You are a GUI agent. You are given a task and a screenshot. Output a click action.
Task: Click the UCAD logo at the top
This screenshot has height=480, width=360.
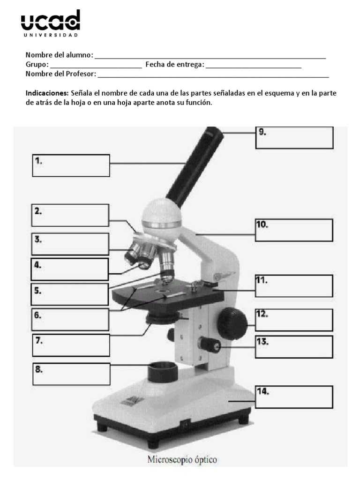coord(51,23)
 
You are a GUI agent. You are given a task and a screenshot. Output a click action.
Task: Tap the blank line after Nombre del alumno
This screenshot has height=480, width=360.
coord(210,56)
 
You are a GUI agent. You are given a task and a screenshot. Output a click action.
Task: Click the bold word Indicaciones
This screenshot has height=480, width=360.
coord(47,93)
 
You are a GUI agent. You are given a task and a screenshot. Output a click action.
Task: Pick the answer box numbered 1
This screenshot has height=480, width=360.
coord(71,166)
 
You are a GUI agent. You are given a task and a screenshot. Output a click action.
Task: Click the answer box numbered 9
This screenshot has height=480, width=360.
coord(294,137)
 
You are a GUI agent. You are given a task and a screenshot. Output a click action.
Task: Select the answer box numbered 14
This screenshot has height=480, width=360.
coord(294,397)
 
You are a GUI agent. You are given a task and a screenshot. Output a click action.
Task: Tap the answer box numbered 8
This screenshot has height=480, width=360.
coord(71,374)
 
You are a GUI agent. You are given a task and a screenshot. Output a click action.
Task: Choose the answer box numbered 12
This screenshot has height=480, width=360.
coord(294,320)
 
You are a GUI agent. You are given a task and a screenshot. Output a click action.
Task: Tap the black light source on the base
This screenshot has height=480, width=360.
coord(162,373)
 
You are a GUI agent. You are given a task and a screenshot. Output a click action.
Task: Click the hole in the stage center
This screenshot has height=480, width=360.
coord(163,294)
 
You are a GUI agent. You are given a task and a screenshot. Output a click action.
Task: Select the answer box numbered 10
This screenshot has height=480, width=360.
coord(294,231)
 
